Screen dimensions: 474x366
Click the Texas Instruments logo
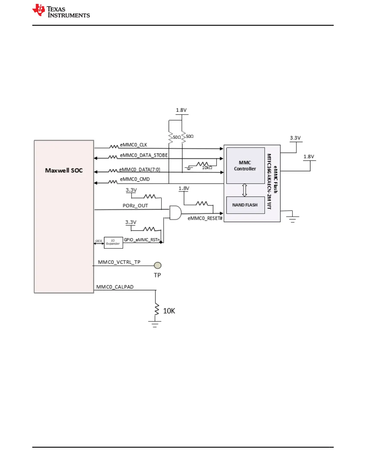pyautogui.click(x=61, y=11)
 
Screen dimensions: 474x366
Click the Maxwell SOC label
pyautogui.click(x=64, y=170)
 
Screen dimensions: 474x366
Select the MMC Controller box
pyautogui.click(x=245, y=165)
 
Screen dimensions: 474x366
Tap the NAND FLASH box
pyautogui.click(x=245, y=205)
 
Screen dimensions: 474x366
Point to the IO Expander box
pyautogui.click(x=113, y=242)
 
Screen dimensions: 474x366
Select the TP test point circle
pyautogui.click(x=158, y=265)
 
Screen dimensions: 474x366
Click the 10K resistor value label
pyautogui.click(x=169, y=311)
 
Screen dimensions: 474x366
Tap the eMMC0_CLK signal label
pyautogui.click(x=133, y=145)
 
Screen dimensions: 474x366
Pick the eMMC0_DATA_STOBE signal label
pyautogui.click(x=144, y=155)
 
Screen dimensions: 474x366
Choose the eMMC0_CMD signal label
pyautogui.click(x=135, y=179)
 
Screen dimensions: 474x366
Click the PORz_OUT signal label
pyautogui.click(x=135, y=206)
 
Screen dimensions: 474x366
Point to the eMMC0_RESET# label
pyautogui.click(x=205, y=218)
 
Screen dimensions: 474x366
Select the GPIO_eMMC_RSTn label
pyautogui.click(x=142, y=240)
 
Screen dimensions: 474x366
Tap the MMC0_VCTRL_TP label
pyautogui.click(x=119, y=262)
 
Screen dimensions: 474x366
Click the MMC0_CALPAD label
pyautogui.click(x=115, y=287)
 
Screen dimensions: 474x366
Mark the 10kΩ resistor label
pyautogui.click(x=207, y=168)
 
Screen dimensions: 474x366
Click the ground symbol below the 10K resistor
pyautogui.click(x=155, y=324)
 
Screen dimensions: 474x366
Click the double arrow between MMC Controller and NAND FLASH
pyautogui.click(x=245, y=190)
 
